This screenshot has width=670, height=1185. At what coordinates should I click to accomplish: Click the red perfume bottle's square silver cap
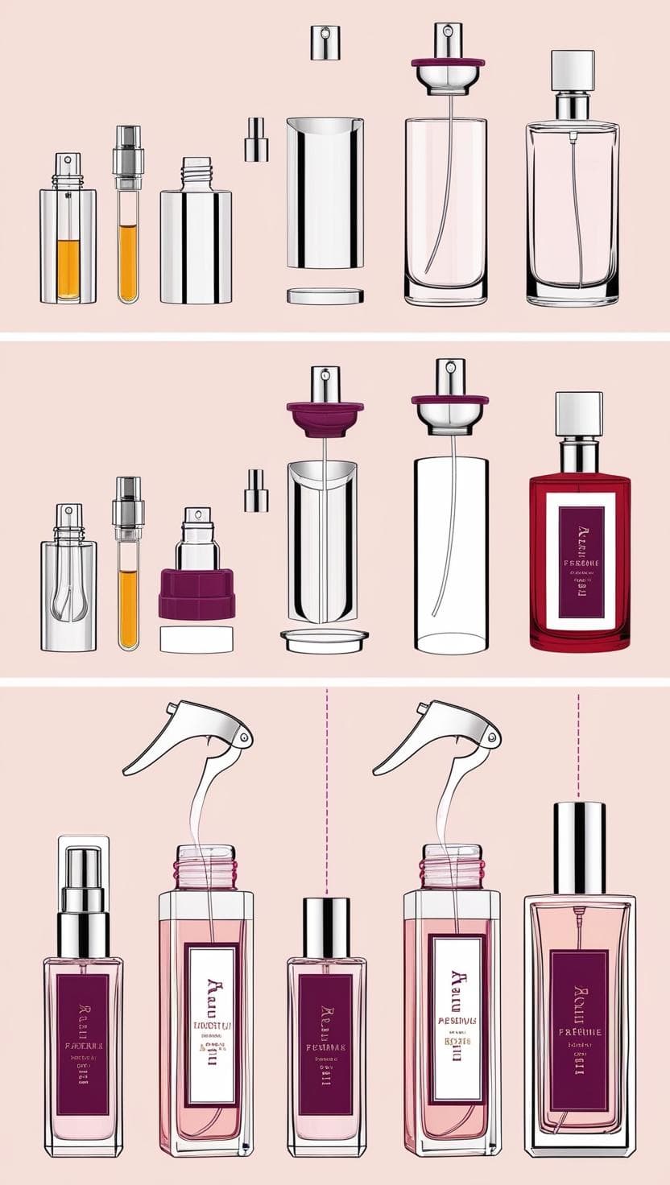(x=579, y=415)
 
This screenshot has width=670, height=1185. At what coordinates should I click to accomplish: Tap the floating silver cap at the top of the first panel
(x=325, y=42)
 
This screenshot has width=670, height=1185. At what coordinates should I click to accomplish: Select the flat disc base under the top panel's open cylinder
(x=325, y=296)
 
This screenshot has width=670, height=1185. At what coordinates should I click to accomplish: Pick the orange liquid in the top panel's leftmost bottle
(x=68, y=269)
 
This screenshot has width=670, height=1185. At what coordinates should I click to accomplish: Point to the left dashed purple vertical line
(x=326, y=789)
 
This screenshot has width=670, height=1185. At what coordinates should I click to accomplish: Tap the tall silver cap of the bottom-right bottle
(x=578, y=848)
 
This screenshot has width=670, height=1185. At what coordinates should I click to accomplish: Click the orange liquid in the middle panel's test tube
(x=128, y=608)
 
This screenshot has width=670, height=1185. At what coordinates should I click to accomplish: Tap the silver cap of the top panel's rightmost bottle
(x=572, y=70)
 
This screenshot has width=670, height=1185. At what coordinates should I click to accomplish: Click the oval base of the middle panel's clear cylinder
(x=450, y=642)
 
